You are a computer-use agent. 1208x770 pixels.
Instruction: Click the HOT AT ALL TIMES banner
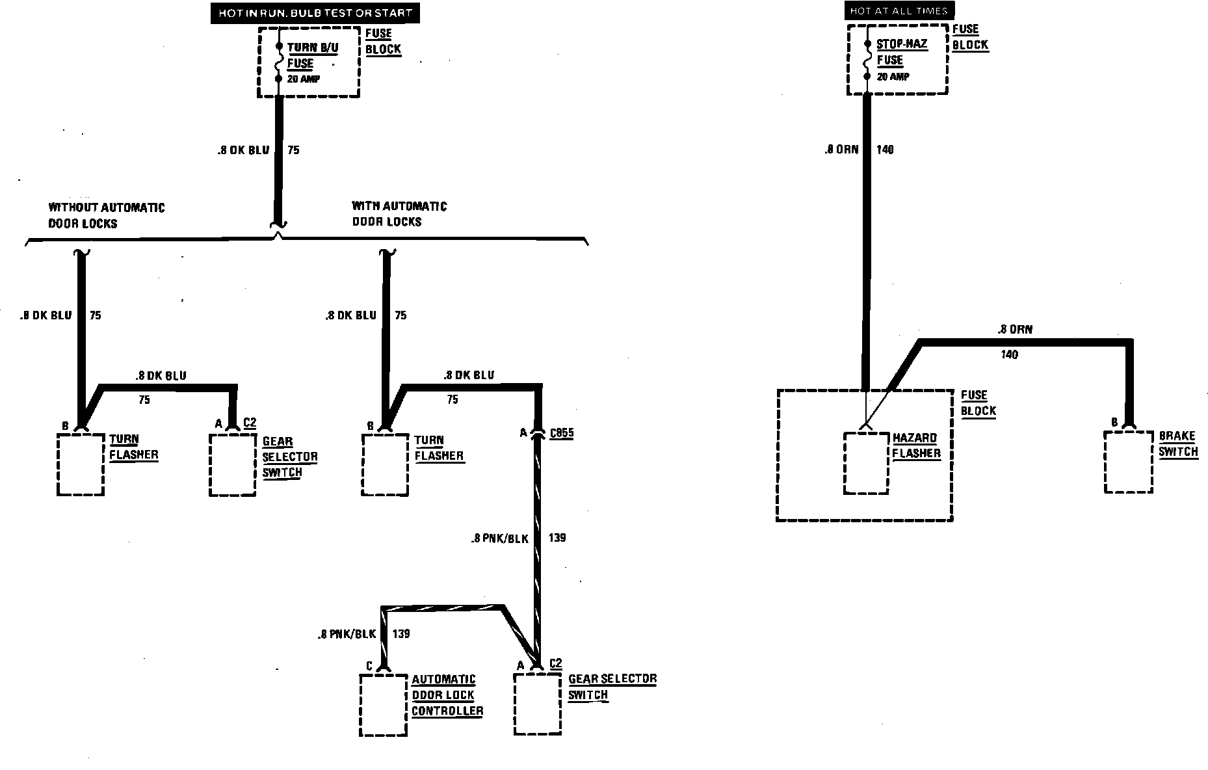899,11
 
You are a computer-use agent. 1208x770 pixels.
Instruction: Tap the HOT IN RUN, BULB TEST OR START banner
315,13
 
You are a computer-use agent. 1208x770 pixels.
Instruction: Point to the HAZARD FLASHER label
916,445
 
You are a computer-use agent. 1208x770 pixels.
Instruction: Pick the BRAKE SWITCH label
1178,444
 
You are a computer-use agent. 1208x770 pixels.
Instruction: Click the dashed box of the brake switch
1128,462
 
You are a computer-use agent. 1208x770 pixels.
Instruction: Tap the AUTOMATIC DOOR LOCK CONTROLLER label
447,695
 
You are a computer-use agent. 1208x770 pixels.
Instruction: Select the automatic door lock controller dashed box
383,704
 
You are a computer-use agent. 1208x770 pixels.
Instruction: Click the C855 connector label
561,433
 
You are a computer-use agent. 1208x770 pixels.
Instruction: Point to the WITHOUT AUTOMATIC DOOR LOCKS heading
107,215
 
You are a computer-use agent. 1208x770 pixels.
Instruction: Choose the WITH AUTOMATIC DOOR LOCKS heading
399,214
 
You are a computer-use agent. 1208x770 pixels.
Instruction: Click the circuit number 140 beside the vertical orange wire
885,150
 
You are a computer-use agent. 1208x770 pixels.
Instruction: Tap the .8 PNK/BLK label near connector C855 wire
500,538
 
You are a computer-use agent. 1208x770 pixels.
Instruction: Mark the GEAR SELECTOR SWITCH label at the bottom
612,687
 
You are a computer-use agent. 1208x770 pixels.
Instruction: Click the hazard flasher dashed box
866,462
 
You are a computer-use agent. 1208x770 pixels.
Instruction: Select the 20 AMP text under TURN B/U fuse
304,79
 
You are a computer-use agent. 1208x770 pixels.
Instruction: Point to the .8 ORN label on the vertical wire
841,150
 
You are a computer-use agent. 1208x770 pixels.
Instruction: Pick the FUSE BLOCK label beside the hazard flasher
978,403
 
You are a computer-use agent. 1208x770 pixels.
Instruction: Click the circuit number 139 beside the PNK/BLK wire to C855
557,538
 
